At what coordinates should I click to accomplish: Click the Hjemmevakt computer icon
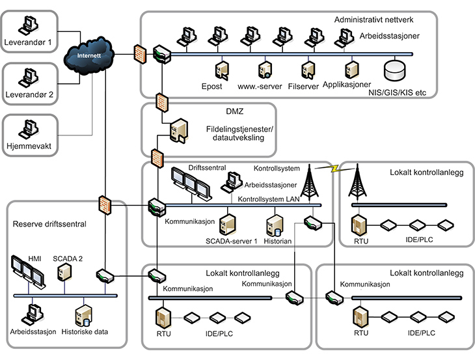[27, 127]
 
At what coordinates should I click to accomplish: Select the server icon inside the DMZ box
[177, 131]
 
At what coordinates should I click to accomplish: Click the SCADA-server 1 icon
[227, 225]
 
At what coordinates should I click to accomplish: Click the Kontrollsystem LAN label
[269, 199]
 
